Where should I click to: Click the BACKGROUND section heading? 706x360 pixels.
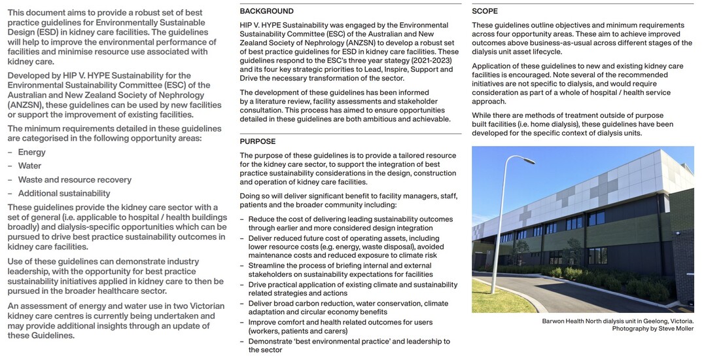click(x=266, y=11)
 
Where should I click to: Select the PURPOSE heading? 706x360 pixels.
click(x=258, y=141)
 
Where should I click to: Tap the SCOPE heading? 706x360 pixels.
click(x=485, y=11)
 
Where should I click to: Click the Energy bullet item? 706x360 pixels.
click(x=32, y=152)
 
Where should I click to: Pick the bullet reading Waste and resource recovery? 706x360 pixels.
click(x=75, y=179)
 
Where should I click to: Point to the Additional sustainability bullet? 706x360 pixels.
click(x=64, y=193)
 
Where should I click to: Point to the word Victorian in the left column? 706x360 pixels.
click(x=201, y=306)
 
